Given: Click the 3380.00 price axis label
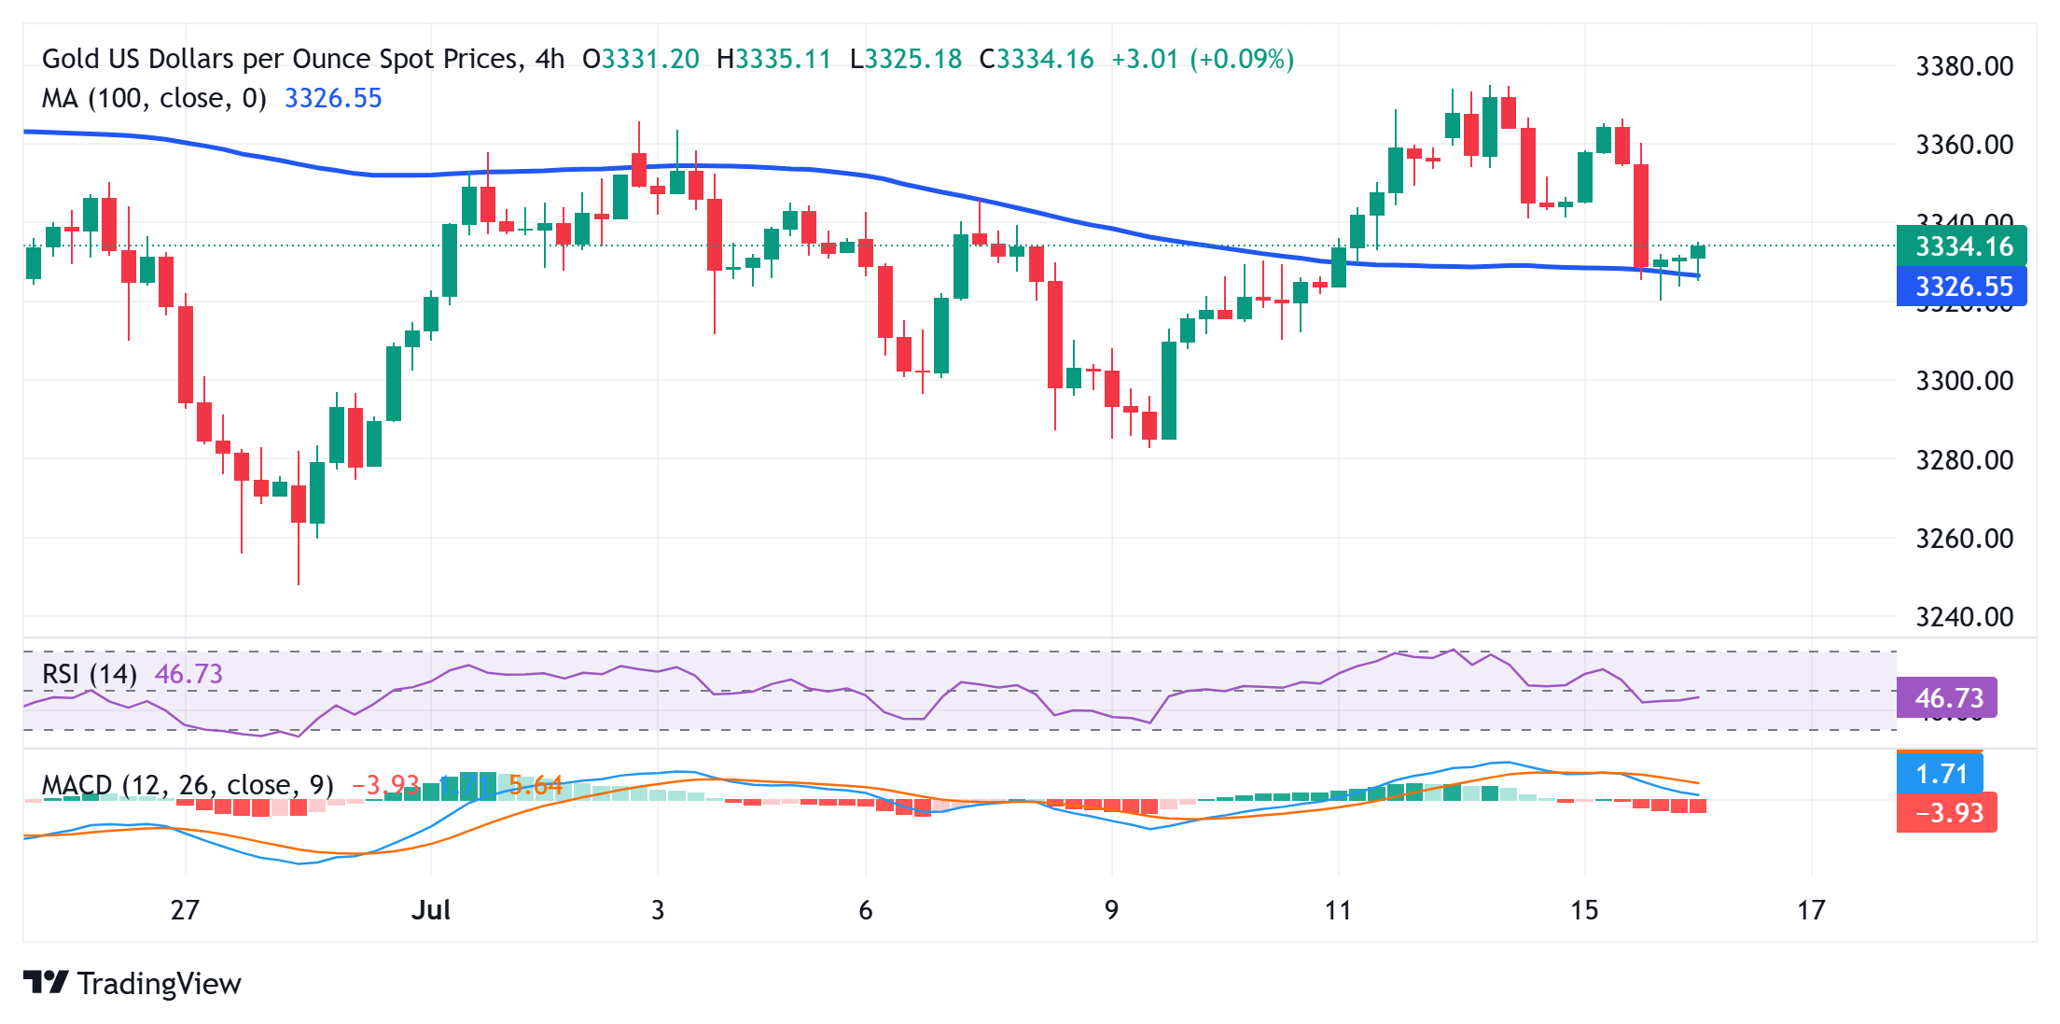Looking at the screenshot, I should click(x=1964, y=66).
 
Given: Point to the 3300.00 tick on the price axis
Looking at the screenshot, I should click(x=1964, y=381).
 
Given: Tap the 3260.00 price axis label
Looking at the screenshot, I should click(x=1964, y=539).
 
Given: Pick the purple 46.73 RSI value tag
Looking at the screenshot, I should click(x=1947, y=698).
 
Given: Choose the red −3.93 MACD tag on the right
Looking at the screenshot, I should click(x=1947, y=813).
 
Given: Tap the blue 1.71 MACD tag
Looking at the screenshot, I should click(x=1941, y=774).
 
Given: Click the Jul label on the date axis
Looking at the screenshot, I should click(x=431, y=910).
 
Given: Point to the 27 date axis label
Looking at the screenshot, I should click(x=185, y=910).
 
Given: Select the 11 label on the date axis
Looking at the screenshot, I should click(x=1338, y=910).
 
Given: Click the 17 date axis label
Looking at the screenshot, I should click(x=1811, y=910).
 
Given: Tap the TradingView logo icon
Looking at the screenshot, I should click(x=46, y=983).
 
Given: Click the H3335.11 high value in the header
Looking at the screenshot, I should click(x=773, y=60).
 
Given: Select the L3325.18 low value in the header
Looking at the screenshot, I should click(x=906, y=60).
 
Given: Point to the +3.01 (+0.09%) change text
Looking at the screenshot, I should click(x=1203, y=60).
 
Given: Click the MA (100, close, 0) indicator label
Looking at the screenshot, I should click(x=154, y=98).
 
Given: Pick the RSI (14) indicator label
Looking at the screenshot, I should click(x=90, y=674).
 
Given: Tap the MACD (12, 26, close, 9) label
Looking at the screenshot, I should click(x=188, y=785).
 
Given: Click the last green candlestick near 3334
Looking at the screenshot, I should click(x=1698, y=252).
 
